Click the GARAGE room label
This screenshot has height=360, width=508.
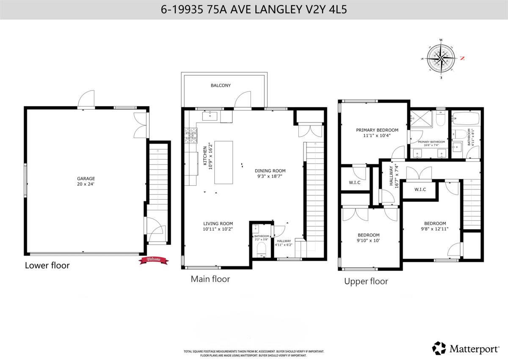point(86,179)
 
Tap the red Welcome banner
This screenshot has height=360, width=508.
point(153,260)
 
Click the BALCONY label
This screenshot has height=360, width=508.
point(221,85)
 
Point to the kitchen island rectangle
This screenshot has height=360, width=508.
point(223,162)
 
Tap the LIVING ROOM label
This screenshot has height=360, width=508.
point(218,224)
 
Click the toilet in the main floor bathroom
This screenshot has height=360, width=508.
point(261,249)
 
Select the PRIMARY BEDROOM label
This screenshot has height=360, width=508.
point(377,130)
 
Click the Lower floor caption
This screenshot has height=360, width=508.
point(47,266)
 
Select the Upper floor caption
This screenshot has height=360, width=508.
point(366,281)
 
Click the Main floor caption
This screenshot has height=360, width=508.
point(210,279)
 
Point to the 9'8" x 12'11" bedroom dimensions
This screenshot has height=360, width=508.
point(435,229)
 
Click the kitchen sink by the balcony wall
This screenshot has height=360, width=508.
point(210,115)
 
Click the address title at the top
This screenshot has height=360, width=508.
point(254,10)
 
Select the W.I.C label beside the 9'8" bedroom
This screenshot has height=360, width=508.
point(420,189)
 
